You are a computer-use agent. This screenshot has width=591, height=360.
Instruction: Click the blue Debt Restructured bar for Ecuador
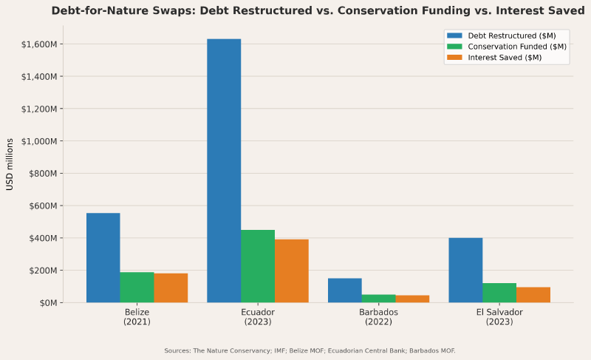pos(224,171)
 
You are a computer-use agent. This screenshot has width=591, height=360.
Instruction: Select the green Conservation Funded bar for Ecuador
pos(258,266)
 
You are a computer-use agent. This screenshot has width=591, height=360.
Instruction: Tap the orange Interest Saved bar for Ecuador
pos(292,271)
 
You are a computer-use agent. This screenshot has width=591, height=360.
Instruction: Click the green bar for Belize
pos(137,287)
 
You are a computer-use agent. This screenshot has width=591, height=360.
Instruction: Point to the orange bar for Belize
pos(171,288)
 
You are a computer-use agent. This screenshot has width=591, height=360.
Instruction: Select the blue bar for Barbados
pos(345,290)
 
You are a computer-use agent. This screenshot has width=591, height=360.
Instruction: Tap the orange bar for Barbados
pos(412,299)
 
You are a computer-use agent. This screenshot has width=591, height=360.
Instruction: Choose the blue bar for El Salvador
pos(465,270)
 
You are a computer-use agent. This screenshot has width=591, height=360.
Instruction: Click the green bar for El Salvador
pos(499,293)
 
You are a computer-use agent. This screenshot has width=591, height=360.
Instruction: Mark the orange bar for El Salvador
pos(533,295)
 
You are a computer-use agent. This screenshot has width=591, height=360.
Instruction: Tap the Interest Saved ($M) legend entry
pos(505,58)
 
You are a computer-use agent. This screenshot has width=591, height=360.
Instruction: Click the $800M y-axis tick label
pos(44,174)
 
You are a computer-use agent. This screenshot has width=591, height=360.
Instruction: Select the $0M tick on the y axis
pos(47,303)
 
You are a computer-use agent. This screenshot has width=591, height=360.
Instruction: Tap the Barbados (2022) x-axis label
pos(378,317)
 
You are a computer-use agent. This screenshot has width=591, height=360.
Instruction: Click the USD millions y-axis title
pos(10,164)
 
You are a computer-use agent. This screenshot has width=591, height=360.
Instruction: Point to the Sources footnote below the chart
pos(310,350)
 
